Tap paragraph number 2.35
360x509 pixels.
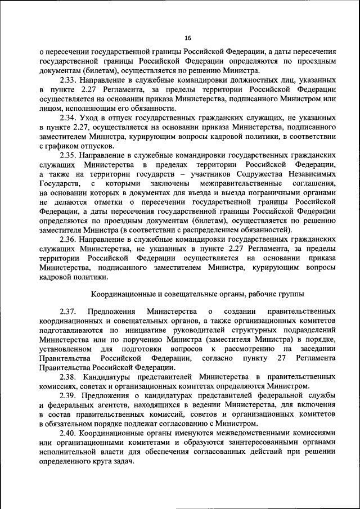(69, 155)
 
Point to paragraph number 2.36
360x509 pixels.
(69, 238)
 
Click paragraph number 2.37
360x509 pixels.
(69, 312)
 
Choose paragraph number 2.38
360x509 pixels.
(69, 376)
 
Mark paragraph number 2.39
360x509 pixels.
(69, 395)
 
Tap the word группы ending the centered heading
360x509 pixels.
(290, 294)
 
